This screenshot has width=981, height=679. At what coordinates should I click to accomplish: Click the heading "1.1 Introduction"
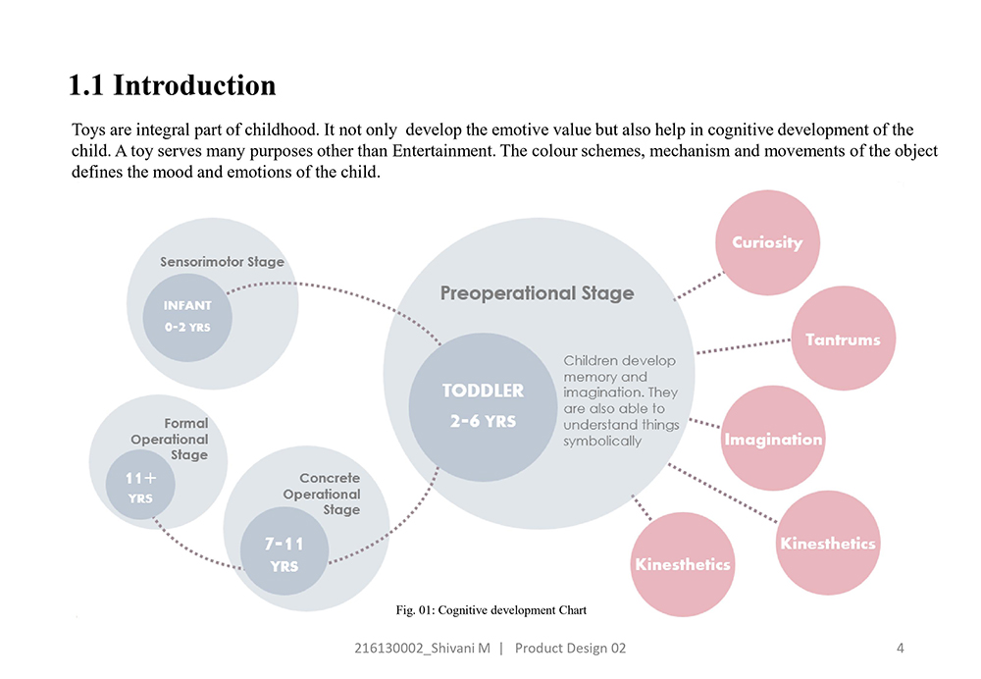click(x=172, y=85)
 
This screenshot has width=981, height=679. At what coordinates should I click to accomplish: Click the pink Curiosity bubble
click(x=767, y=242)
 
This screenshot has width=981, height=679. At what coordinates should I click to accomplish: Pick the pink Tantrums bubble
click(x=842, y=339)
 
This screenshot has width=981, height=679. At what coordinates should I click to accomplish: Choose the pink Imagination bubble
click(x=773, y=439)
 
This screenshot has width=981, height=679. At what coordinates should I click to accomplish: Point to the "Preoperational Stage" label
click(x=537, y=293)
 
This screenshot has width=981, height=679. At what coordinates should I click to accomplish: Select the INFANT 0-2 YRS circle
click(x=187, y=316)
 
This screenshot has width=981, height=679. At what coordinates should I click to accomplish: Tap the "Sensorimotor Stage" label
click(x=222, y=262)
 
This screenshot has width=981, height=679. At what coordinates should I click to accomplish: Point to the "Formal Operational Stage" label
click(x=171, y=440)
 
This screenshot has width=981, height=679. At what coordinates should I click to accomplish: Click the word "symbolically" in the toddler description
click(x=602, y=442)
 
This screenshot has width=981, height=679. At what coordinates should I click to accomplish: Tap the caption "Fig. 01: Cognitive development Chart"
click(x=490, y=610)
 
